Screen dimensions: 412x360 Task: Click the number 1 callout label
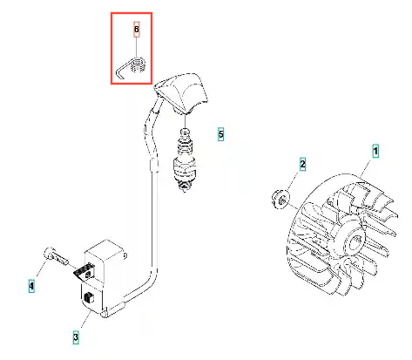coord(375,151)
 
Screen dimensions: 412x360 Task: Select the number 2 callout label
coord(302,164)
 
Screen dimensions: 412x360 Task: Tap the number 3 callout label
coord(76,337)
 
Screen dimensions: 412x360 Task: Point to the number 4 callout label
coord(31,286)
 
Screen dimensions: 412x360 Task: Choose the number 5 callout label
coord(221,134)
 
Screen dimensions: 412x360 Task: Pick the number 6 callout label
coord(137,30)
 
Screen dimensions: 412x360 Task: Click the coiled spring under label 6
coord(138,65)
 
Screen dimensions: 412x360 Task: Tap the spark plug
coord(185,160)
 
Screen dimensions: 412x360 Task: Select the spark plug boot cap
coord(182,93)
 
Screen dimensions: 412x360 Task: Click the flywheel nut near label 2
coord(280,200)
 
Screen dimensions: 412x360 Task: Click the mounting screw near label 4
coord(56,255)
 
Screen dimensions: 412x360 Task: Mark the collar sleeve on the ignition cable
coord(154,165)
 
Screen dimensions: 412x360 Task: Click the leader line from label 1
coord(366,168)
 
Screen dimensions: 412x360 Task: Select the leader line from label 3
coord(86,319)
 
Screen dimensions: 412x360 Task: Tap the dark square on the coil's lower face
coord(88,298)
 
